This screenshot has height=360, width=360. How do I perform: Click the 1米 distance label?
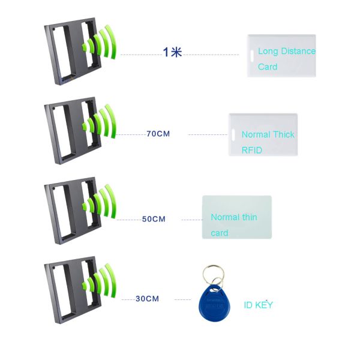click(x=172, y=52)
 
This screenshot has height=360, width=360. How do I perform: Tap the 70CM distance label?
click(x=158, y=134)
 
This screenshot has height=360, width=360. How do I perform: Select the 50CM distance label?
click(x=154, y=219)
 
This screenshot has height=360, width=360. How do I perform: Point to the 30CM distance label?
click(x=147, y=298)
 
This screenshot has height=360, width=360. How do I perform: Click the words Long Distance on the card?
click(x=287, y=51)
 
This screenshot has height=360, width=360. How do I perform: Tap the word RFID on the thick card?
click(x=252, y=150)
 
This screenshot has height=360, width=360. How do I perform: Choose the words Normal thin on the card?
click(x=234, y=217)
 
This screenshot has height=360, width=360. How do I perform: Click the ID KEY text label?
click(x=258, y=305)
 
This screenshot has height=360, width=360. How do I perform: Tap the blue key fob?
click(x=214, y=303)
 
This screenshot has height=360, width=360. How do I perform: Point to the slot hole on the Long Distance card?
click(x=252, y=56)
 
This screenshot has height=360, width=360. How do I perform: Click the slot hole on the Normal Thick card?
click(x=233, y=135)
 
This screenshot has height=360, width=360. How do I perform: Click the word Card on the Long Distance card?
click(x=268, y=67)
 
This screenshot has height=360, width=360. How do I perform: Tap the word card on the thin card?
click(x=220, y=233)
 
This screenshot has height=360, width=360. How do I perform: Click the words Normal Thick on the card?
click(x=268, y=134)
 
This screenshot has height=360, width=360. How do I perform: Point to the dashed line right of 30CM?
click(x=182, y=299)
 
